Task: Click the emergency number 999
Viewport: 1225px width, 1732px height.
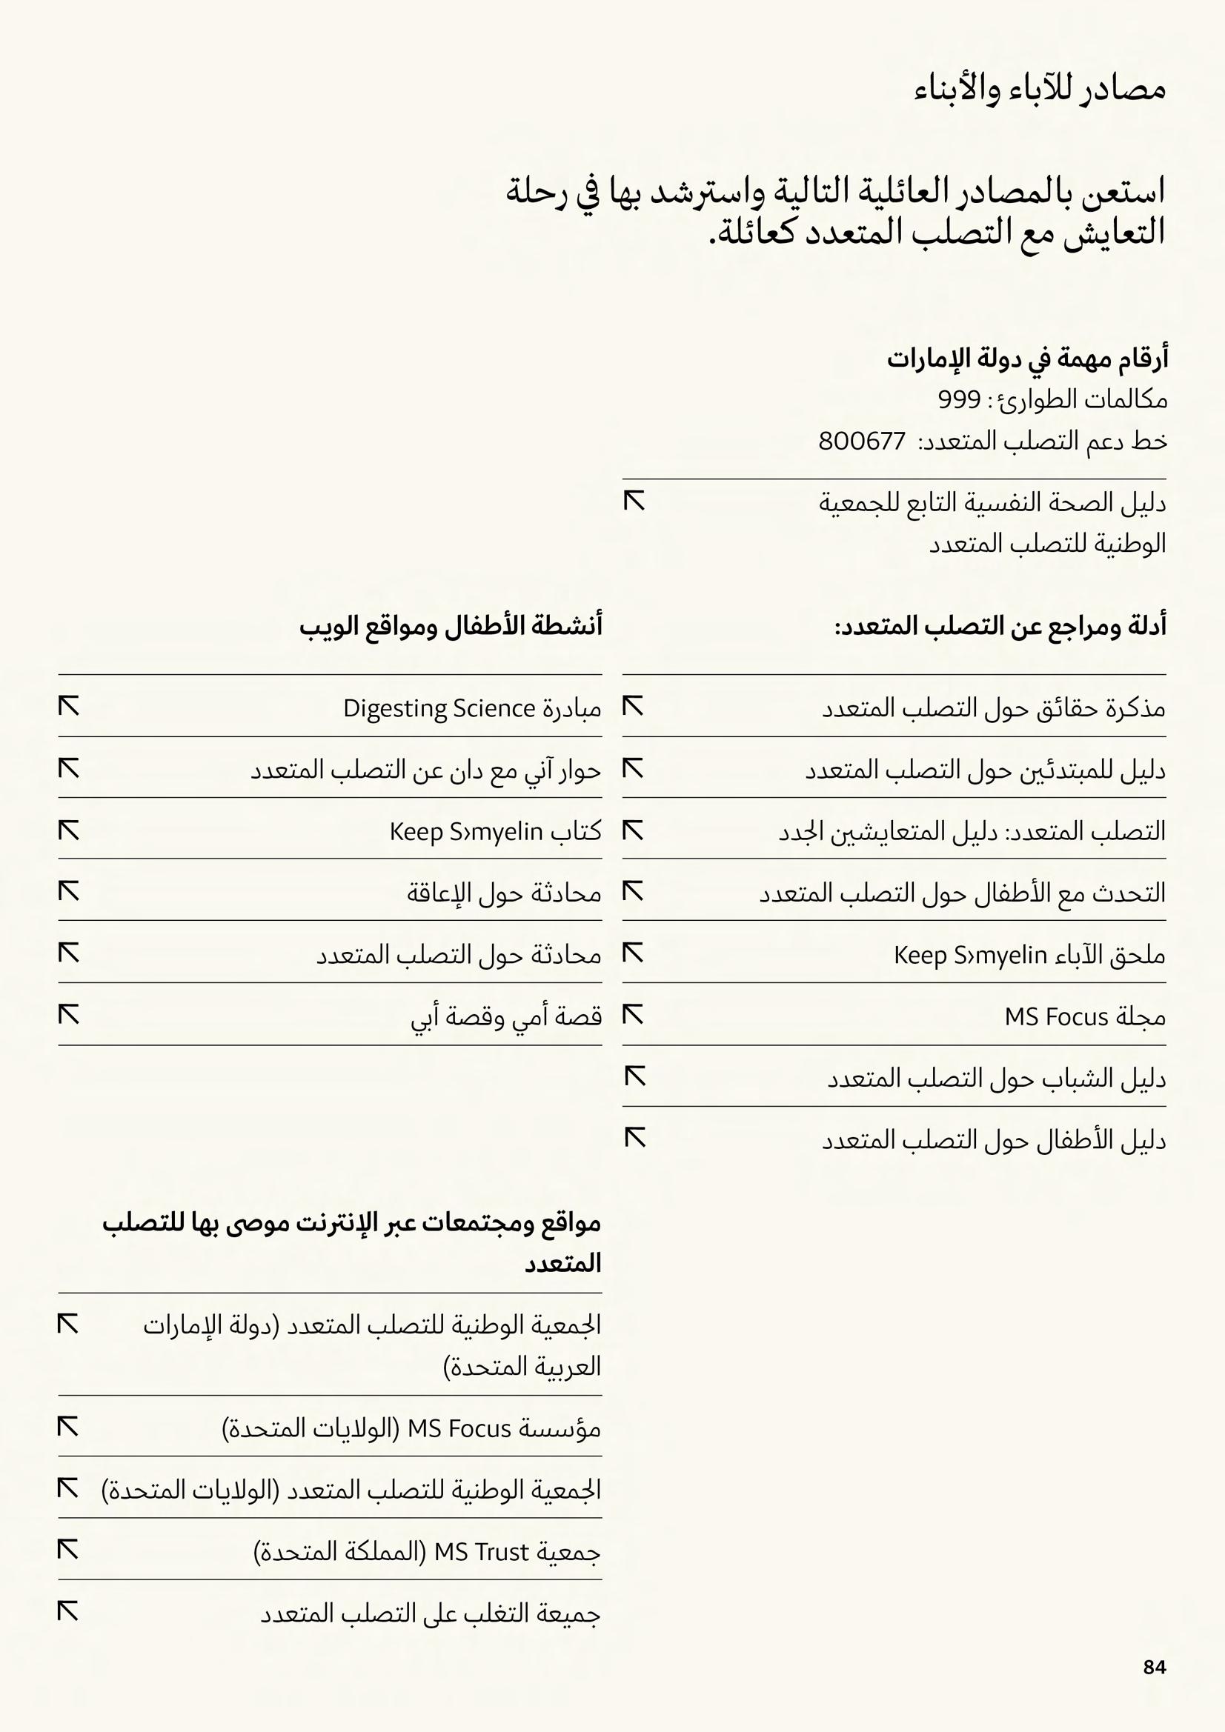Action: point(958,399)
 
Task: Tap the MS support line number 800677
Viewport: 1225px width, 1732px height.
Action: point(861,441)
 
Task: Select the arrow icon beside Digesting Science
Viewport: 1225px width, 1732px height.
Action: point(69,707)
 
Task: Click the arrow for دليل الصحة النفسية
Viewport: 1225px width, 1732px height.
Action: point(634,501)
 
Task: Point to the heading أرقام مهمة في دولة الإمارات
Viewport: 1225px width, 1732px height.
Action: point(1026,359)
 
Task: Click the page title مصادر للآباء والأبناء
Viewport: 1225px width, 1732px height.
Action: point(1039,90)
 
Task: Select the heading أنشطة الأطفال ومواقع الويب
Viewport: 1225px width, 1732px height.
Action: point(451,626)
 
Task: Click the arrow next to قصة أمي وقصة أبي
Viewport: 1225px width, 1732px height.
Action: point(69,1016)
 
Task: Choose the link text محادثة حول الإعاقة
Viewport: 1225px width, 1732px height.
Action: point(503,893)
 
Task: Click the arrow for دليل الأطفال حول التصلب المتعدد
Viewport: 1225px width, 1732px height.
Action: point(635,1139)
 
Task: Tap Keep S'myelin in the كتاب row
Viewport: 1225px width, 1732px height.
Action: point(465,831)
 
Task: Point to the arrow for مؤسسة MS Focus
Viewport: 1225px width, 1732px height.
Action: point(68,1427)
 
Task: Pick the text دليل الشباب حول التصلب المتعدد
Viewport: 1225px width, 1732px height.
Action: point(995,1079)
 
